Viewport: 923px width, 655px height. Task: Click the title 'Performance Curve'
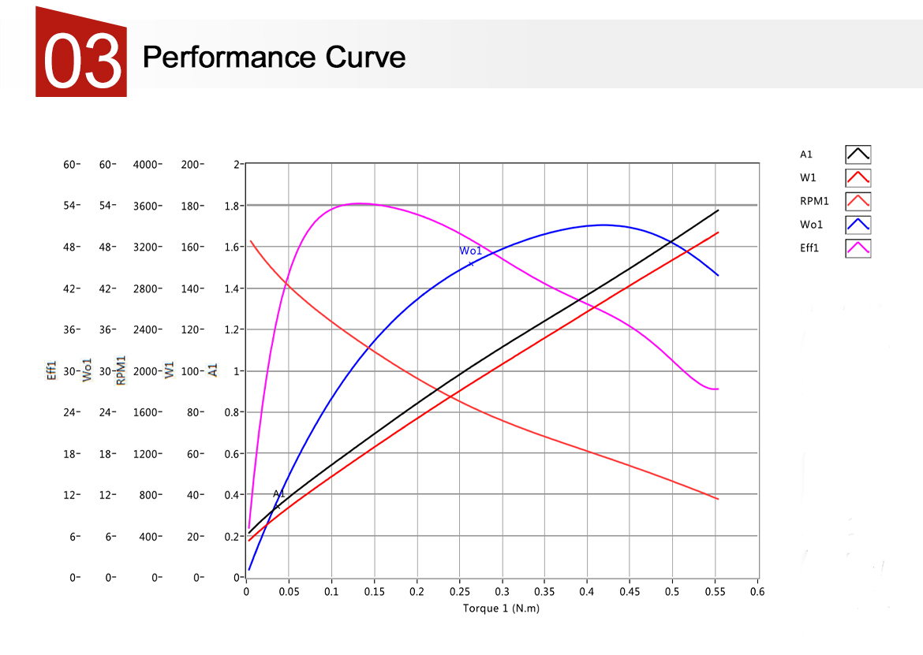coord(274,57)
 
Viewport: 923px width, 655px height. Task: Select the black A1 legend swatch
coord(858,154)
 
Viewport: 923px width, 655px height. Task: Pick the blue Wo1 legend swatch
coord(858,225)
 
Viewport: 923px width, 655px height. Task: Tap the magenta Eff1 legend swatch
coord(858,248)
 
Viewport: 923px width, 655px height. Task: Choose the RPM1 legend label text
coord(814,201)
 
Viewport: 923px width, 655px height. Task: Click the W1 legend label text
coord(808,177)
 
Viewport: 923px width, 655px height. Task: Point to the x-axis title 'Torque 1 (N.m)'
coord(501,608)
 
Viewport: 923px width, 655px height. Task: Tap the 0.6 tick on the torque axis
coord(757,591)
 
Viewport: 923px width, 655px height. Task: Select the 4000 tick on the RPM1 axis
coord(147,164)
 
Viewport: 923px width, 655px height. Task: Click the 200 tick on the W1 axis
coord(191,164)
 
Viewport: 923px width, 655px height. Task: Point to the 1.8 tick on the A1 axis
coord(232,206)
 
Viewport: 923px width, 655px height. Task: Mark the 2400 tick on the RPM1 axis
coord(147,329)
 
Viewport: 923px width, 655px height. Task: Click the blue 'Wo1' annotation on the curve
coord(470,251)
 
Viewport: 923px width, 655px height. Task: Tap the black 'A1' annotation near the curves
coord(278,494)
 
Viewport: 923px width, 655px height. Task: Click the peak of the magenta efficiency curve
coord(359,203)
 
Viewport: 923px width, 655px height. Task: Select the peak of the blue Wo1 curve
coord(603,225)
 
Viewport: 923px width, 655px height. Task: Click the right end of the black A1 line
coord(718,210)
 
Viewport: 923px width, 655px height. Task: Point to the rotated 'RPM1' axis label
coord(121,370)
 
